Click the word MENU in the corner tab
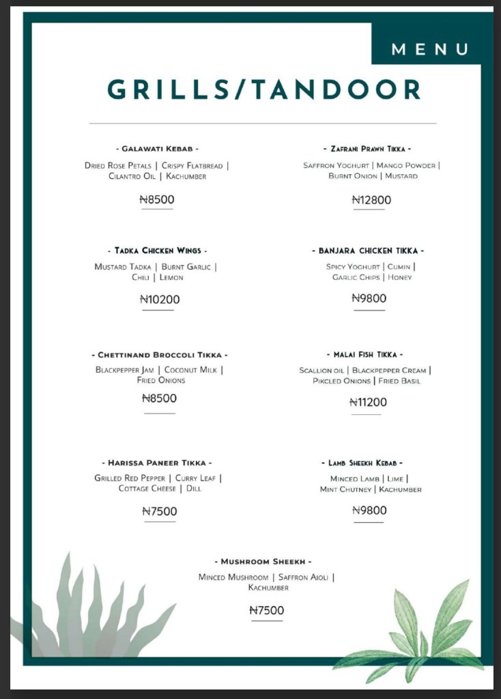click(430, 49)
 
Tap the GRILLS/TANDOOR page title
click(263, 89)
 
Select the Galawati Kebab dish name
click(157, 148)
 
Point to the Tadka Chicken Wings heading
click(158, 251)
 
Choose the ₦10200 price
click(160, 299)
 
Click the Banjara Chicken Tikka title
click(368, 251)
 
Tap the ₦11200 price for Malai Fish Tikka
click(368, 402)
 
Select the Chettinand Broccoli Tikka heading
click(159, 355)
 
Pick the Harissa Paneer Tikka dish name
click(160, 463)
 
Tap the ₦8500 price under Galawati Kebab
click(157, 200)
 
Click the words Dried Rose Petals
click(118, 166)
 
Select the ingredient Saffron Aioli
click(304, 577)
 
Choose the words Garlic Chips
click(355, 278)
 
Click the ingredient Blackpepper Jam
click(125, 370)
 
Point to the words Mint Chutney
click(346, 489)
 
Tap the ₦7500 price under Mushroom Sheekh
click(266, 610)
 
